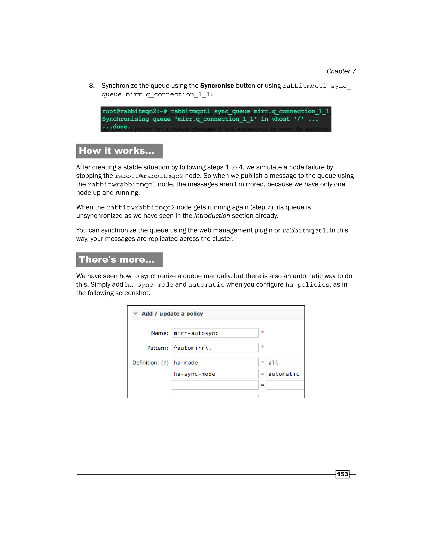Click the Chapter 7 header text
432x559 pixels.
coord(341,71)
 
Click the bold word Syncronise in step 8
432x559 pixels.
coord(217,85)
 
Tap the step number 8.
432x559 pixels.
coord(92,86)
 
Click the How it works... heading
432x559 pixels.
coord(116,151)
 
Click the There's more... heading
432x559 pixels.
coord(116,259)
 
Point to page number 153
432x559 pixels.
coord(342,474)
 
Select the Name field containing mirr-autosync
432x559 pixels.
coord(215,333)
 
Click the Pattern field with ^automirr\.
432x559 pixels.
coord(215,348)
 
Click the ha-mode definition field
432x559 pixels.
coord(215,363)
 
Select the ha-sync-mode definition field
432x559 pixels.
coord(215,374)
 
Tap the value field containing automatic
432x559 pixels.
coord(285,374)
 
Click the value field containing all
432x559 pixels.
coord(285,363)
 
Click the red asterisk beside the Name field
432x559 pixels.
coord(262,332)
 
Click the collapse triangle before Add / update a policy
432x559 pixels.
coord(136,314)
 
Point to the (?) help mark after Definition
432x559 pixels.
coord(165,363)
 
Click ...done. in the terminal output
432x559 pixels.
coord(116,127)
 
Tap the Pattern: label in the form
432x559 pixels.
coord(158,348)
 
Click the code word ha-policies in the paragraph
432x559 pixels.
coord(307,285)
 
